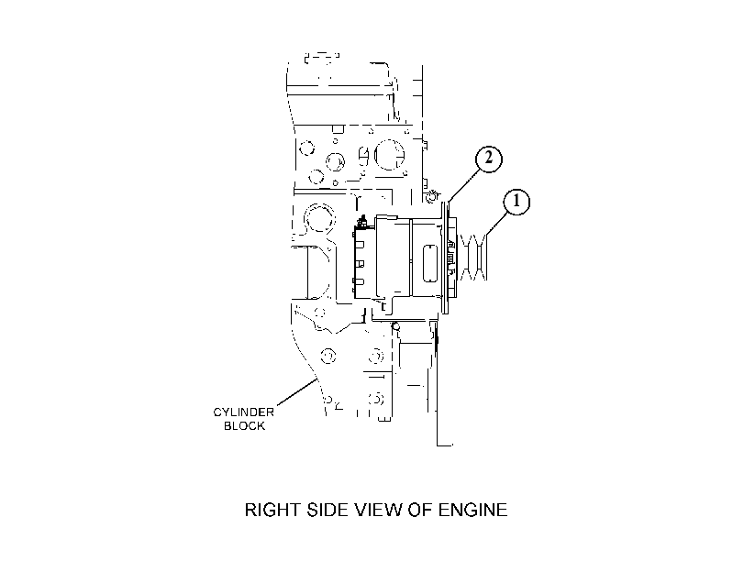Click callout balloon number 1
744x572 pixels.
(x=516, y=202)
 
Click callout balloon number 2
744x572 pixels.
(x=488, y=159)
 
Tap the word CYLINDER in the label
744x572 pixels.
(x=243, y=412)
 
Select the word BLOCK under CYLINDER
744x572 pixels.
(x=244, y=426)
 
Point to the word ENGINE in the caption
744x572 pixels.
(x=472, y=510)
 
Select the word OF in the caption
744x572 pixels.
(x=420, y=510)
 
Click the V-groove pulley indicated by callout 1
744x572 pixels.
(x=472, y=257)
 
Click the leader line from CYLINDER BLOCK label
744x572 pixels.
(x=296, y=392)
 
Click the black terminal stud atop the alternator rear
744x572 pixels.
(x=363, y=222)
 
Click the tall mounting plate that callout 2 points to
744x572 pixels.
(x=445, y=258)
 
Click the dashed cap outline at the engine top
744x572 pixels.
(x=322, y=58)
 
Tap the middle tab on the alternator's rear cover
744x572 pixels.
(x=360, y=263)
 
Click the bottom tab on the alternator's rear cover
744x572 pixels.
(x=360, y=282)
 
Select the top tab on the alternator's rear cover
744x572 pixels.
(x=360, y=245)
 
